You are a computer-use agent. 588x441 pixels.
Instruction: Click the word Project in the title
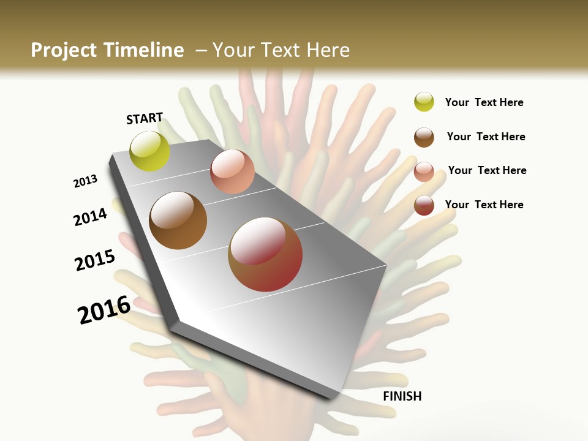tap(63, 50)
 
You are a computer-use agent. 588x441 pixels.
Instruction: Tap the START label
tap(145, 118)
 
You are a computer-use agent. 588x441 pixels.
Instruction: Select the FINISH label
tap(402, 396)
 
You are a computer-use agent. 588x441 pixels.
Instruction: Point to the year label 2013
tap(85, 181)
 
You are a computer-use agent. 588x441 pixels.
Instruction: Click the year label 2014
tap(90, 217)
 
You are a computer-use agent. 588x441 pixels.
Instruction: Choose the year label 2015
tap(95, 260)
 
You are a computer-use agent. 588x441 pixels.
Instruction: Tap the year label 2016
tap(104, 310)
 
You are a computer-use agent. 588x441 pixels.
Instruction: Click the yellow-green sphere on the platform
tap(150, 151)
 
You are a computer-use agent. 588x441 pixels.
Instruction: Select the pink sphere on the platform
tap(232, 171)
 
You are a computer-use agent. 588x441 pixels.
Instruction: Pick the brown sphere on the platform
tap(178, 221)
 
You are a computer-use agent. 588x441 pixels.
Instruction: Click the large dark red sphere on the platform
tap(265, 254)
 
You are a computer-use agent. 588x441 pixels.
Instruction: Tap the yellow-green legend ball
tap(424, 102)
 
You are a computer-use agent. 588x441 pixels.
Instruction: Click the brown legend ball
tap(424, 137)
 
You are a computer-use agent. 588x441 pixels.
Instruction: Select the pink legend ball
tap(424, 171)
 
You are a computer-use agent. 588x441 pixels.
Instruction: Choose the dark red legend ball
tap(424, 205)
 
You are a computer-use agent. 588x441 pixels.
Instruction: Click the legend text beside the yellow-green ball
tap(484, 102)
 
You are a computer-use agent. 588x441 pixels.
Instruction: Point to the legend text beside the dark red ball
tap(484, 205)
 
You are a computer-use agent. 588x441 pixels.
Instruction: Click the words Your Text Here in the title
tap(281, 50)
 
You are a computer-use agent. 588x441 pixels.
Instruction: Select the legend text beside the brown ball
tap(486, 137)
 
